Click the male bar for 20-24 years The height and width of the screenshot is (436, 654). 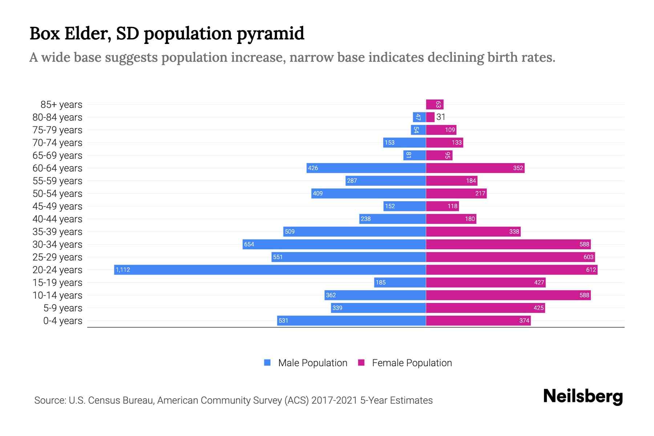pos(270,270)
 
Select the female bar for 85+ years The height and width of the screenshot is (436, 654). pos(435,105)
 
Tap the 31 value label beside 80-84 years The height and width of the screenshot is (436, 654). pos(441,117)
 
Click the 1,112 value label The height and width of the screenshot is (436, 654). pos(123,270)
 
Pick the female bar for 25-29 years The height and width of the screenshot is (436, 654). pos(510,257)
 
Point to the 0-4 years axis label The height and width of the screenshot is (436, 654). pos(62,321)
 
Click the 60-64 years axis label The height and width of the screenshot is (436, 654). pos(57,168)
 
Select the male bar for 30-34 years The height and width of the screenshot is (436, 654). pos(334,244)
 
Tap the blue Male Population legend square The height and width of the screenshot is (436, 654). pos(267,363)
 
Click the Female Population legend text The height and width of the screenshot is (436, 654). pos(412,363)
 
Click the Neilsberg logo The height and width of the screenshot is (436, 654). pos(583,396)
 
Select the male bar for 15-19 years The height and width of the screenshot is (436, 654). pos(400,282)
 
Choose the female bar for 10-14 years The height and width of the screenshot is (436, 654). pos(508,295)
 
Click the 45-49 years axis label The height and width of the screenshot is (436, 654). pos(57,206)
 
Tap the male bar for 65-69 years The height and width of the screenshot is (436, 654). pos(414,156)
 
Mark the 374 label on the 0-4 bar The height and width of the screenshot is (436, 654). pos(524,320)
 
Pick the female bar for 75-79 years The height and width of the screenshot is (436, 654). pos(441,130)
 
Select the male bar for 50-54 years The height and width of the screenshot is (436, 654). pos(368,193)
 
